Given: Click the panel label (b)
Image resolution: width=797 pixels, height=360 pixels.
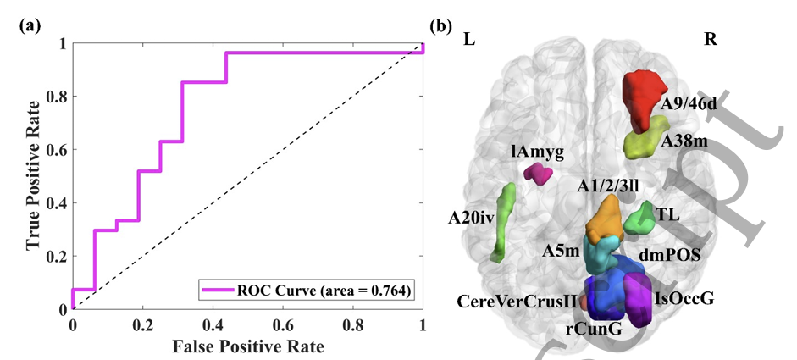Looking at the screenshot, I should pyautogui.click(x=441, y=25).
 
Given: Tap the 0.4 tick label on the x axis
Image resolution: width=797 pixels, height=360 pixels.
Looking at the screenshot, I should pyautogui.click(x=213, y=324).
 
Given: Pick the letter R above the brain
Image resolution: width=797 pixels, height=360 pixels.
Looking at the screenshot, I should pyautogui.click(x=710, y=40).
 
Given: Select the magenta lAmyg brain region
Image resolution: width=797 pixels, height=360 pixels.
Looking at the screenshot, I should pyautogui.click(x=538, y=174).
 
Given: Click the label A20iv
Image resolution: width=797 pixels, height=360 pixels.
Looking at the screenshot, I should pyautogui.click(x=472, y=219).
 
